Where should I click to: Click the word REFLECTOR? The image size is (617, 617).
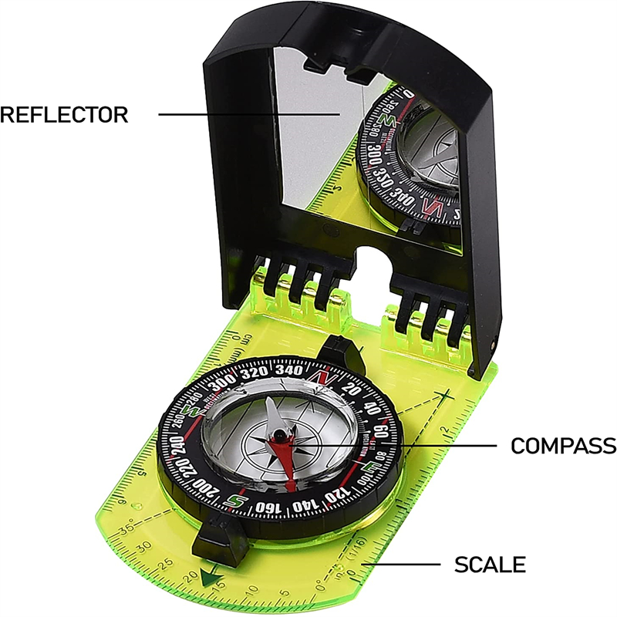click(x=63, y=115)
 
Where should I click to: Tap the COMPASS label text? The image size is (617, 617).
click(x=563, y=446)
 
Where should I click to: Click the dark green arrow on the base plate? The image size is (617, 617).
click(x=204, y=575)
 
